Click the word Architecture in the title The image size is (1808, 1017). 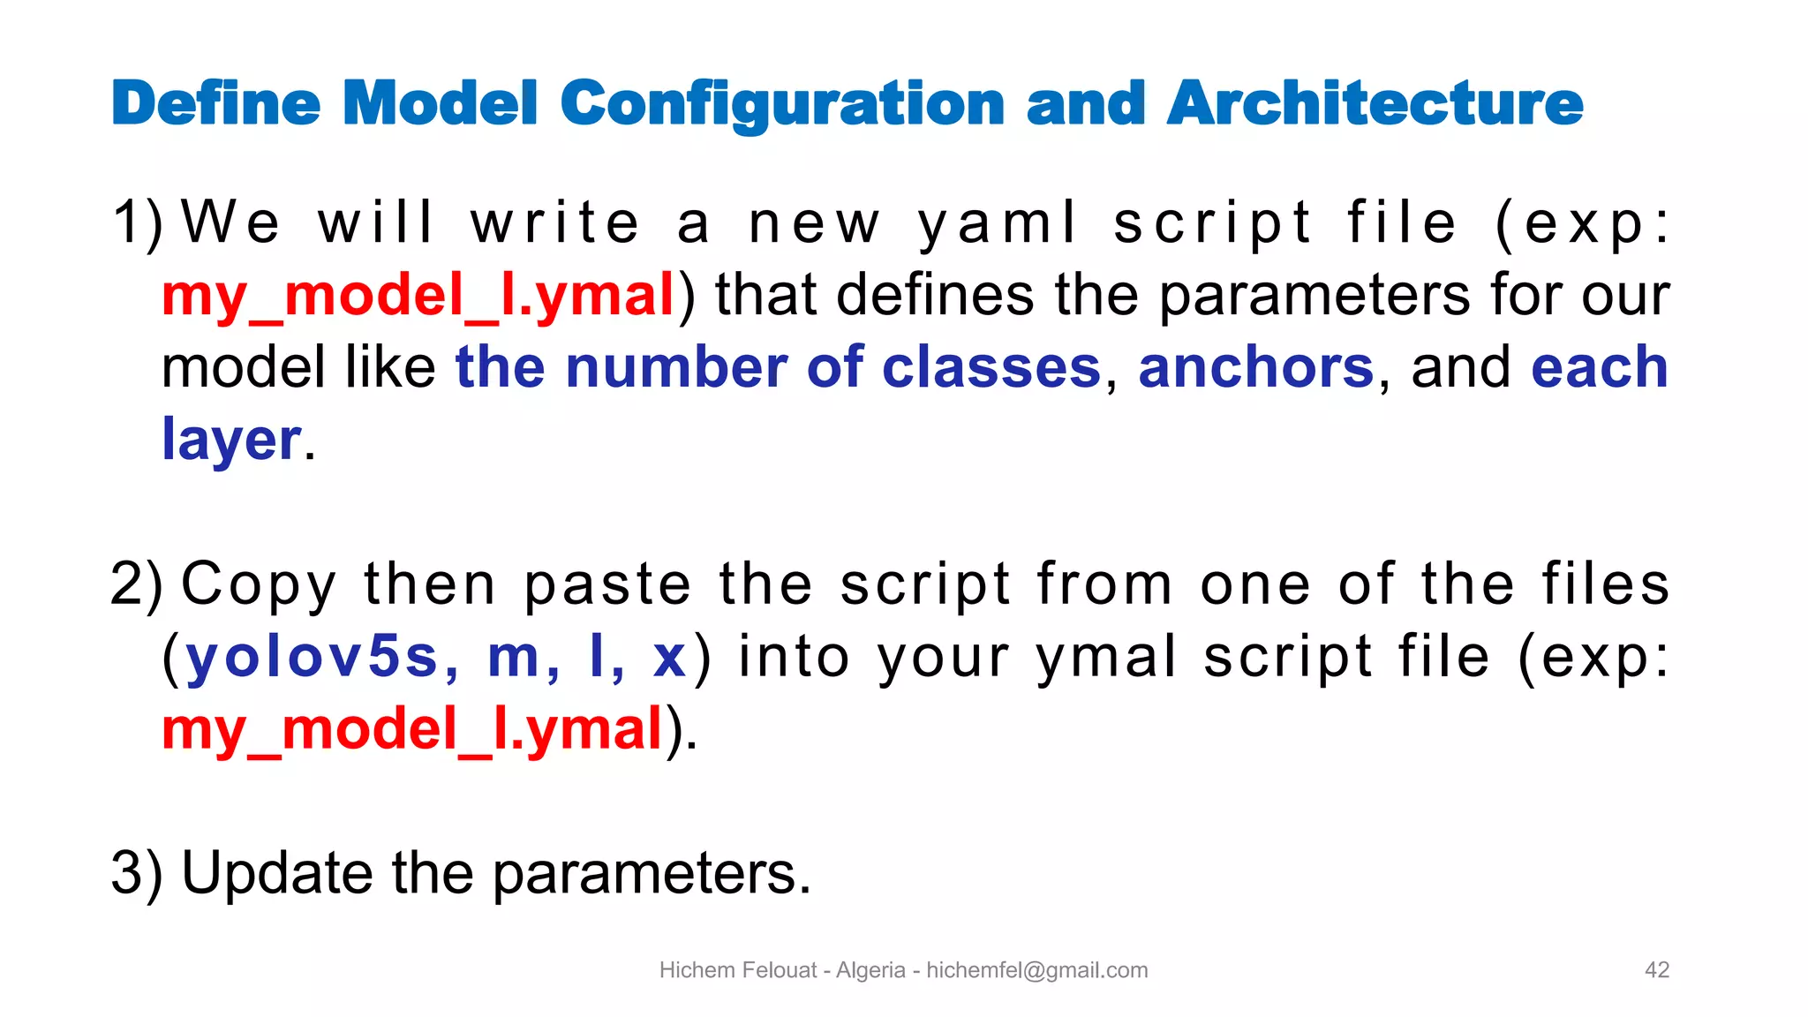(1375, 104)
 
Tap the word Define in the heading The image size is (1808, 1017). (215, 104)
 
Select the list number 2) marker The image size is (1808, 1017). (137, 584)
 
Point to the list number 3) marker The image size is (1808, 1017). (137, 873)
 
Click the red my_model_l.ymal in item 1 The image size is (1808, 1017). (418, 296)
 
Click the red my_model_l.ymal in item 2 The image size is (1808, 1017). (412, 730)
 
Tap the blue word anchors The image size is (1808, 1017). (1255, 367)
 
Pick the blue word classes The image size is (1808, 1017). (991, 367)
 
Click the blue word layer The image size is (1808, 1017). (231, 440)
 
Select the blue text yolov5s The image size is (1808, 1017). (312, 658)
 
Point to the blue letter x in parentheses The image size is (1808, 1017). (669, 658)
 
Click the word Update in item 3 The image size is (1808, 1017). (276, 873)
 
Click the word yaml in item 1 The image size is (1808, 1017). (998, 222)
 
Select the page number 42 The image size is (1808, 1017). (1656, 970)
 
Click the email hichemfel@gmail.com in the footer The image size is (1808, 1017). (1036, 970)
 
